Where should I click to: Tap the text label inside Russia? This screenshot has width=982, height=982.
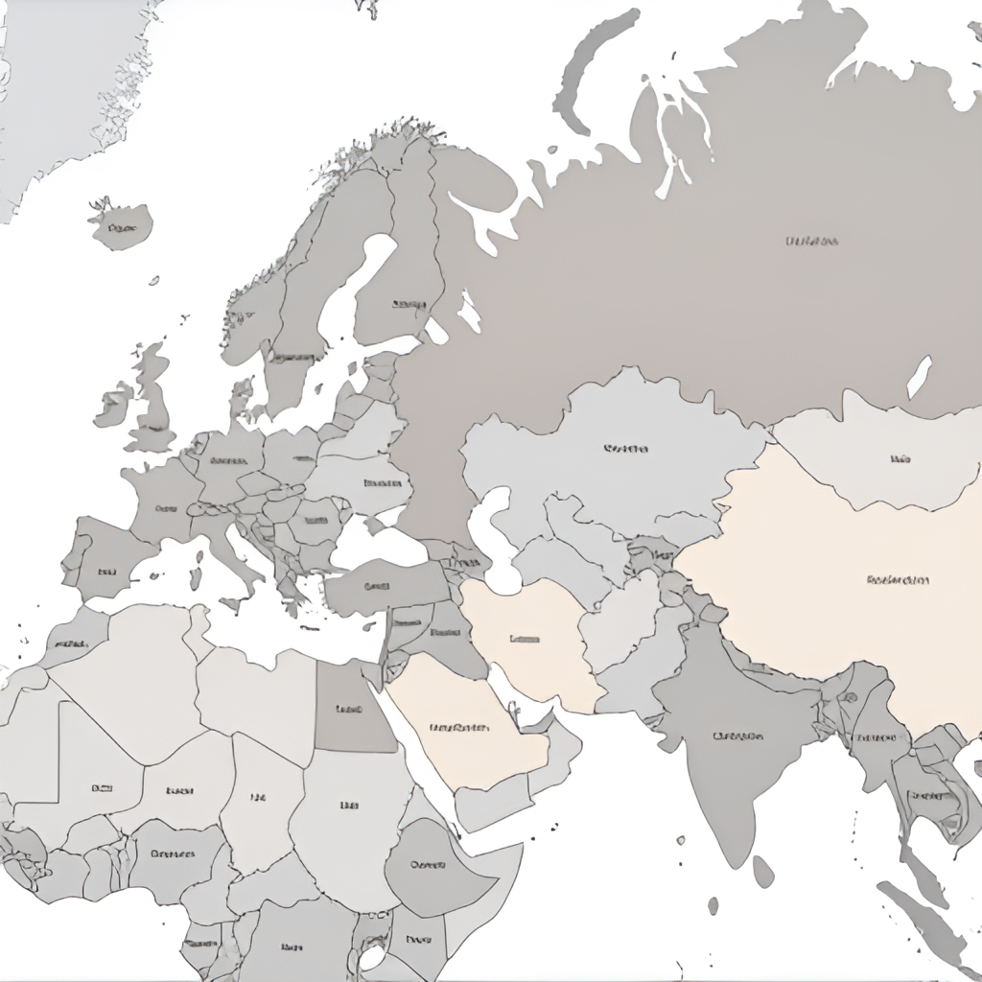pos(811,241)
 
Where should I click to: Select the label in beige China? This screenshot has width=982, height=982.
pos(898,580)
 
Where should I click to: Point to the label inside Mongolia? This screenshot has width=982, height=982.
pos(900,459)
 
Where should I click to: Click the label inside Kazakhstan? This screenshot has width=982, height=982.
pos(626,448)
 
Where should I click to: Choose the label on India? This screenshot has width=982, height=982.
pos(737,736)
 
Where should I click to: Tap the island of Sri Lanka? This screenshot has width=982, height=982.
pos(762,871)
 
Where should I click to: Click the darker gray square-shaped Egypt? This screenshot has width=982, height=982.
pos(350,710)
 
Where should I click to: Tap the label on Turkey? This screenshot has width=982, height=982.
pos(378,586)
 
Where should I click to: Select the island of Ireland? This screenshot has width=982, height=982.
pos(112,405)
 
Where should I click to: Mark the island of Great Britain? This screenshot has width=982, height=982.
pos(153,403)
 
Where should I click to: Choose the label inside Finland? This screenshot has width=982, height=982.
pos(409,304)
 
